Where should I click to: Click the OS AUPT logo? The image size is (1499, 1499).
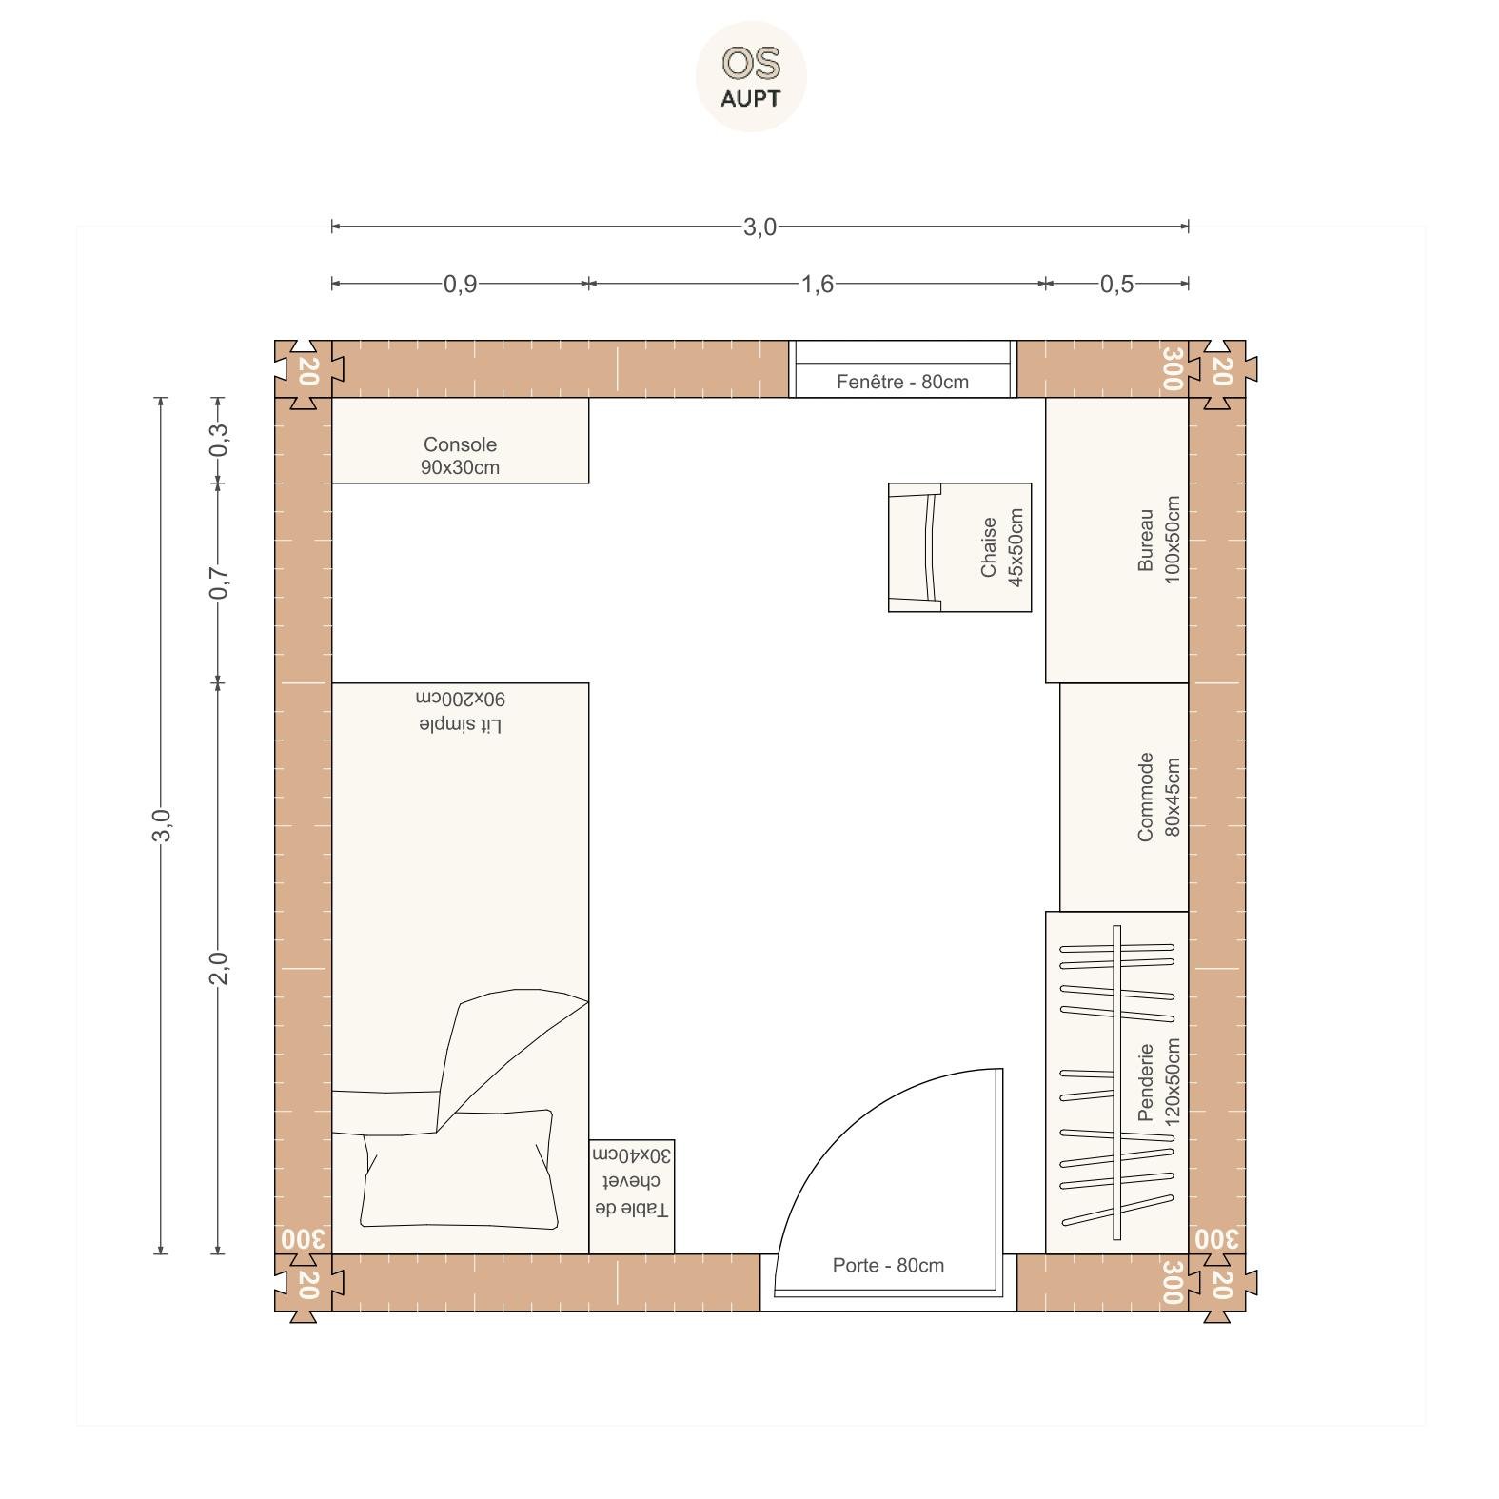tap(751, 76)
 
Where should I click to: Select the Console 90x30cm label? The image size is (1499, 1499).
tap(460, 456)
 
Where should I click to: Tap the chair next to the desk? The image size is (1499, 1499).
tap(959, 547)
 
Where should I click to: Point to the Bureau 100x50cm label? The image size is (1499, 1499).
tap(1158, 540)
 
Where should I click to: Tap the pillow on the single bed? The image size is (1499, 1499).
tap(459, 1169)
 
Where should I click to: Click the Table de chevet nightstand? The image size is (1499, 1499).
tap(632, 1196)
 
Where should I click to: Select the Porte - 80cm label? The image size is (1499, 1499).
tap(888, 1266)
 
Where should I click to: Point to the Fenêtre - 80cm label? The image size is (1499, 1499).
tap(902, 382)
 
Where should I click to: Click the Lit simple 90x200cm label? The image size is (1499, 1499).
tap(461, 711)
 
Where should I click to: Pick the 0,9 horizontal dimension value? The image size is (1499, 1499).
tap(460, 284)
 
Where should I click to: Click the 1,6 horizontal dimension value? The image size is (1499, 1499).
tap(817, 284)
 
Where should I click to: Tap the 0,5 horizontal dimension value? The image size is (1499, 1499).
tap(1116, 284)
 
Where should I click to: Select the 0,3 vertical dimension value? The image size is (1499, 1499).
tap(219, 439)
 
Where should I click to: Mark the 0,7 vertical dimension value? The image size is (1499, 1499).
tap(219, 582)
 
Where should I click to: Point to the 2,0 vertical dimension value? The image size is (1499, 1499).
tap(219, 968)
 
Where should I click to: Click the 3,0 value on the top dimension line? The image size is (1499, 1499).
tap(759, 227)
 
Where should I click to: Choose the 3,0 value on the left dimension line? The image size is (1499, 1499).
tap(162, 825)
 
